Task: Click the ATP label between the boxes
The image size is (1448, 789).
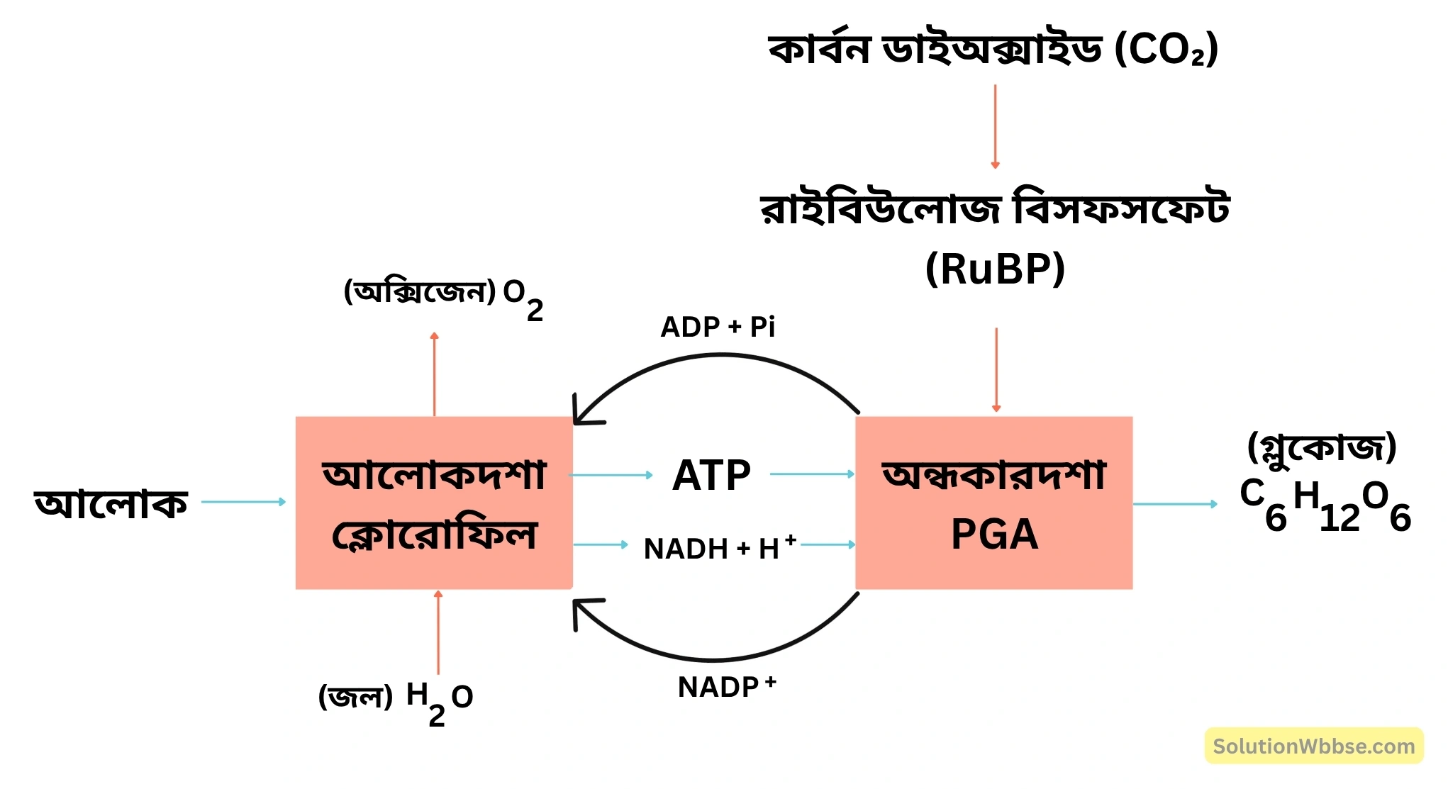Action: point(711,475)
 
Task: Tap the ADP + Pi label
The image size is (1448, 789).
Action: point(718,327)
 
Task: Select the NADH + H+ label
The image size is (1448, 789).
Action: point(719,548)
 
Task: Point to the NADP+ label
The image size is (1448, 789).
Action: point(726,686)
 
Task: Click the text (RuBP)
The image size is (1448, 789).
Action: point(995,269)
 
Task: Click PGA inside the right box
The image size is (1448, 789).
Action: point(994,535)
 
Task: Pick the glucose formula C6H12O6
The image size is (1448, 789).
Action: point(1325,505)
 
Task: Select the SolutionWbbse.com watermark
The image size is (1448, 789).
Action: point(1313,746)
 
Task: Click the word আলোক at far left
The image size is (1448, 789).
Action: point(111,503)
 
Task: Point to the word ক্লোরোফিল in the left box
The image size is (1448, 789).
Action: point(434,535)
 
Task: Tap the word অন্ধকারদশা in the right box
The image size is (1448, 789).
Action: point(994,475)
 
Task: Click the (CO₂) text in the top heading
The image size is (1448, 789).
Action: point(1166,50)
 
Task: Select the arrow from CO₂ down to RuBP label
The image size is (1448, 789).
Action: point(995,126)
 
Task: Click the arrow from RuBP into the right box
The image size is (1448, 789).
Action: point(996,369)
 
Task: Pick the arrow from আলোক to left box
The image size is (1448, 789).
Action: point(243,502)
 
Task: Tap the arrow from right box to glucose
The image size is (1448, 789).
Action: point(1175,504)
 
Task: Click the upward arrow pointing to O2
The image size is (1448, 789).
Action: point(435,374)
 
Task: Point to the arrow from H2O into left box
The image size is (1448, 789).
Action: point(438,632)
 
